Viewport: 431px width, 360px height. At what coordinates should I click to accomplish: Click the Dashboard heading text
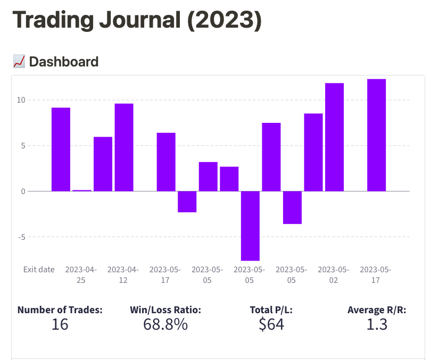pyautogui.click(x=64, y=62)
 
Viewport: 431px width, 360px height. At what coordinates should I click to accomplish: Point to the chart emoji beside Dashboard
pyautogui.click(x=19, y=62)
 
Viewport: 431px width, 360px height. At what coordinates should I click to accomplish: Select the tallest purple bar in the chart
pyautogui.click(x=376, y=135)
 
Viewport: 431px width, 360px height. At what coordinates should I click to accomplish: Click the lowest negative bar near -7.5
pyautogui.click(x=250, y=225)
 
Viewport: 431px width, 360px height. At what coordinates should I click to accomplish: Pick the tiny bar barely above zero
pyautogui.click(x=82, y=190)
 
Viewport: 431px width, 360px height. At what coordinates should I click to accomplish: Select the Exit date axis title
pyautogui.click(x=39, y=270)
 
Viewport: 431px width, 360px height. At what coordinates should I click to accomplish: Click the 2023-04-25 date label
pyautogui.click(x=81, y=274)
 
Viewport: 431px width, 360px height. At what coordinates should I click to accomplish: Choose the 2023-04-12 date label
pyautogui.click(x=123, y=274)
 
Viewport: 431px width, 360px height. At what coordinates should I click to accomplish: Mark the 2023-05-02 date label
pyautogui.click(x=334, y=274)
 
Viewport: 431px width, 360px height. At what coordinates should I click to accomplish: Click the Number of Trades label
pyautogui.click(x=60, y=309)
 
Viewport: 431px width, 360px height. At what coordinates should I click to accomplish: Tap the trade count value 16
pyautogui.click(x=60, y=324)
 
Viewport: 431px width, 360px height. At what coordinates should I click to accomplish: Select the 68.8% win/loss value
pyautogui.click(x=165, y=324)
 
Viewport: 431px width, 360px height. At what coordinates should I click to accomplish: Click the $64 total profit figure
pyautogui.click(x=271, y=324)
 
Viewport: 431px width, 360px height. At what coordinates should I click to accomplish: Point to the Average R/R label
pyautogui.click(x=377, y=309)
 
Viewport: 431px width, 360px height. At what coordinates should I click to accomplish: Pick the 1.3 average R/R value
pyautogui.click(x=377, y=324)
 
